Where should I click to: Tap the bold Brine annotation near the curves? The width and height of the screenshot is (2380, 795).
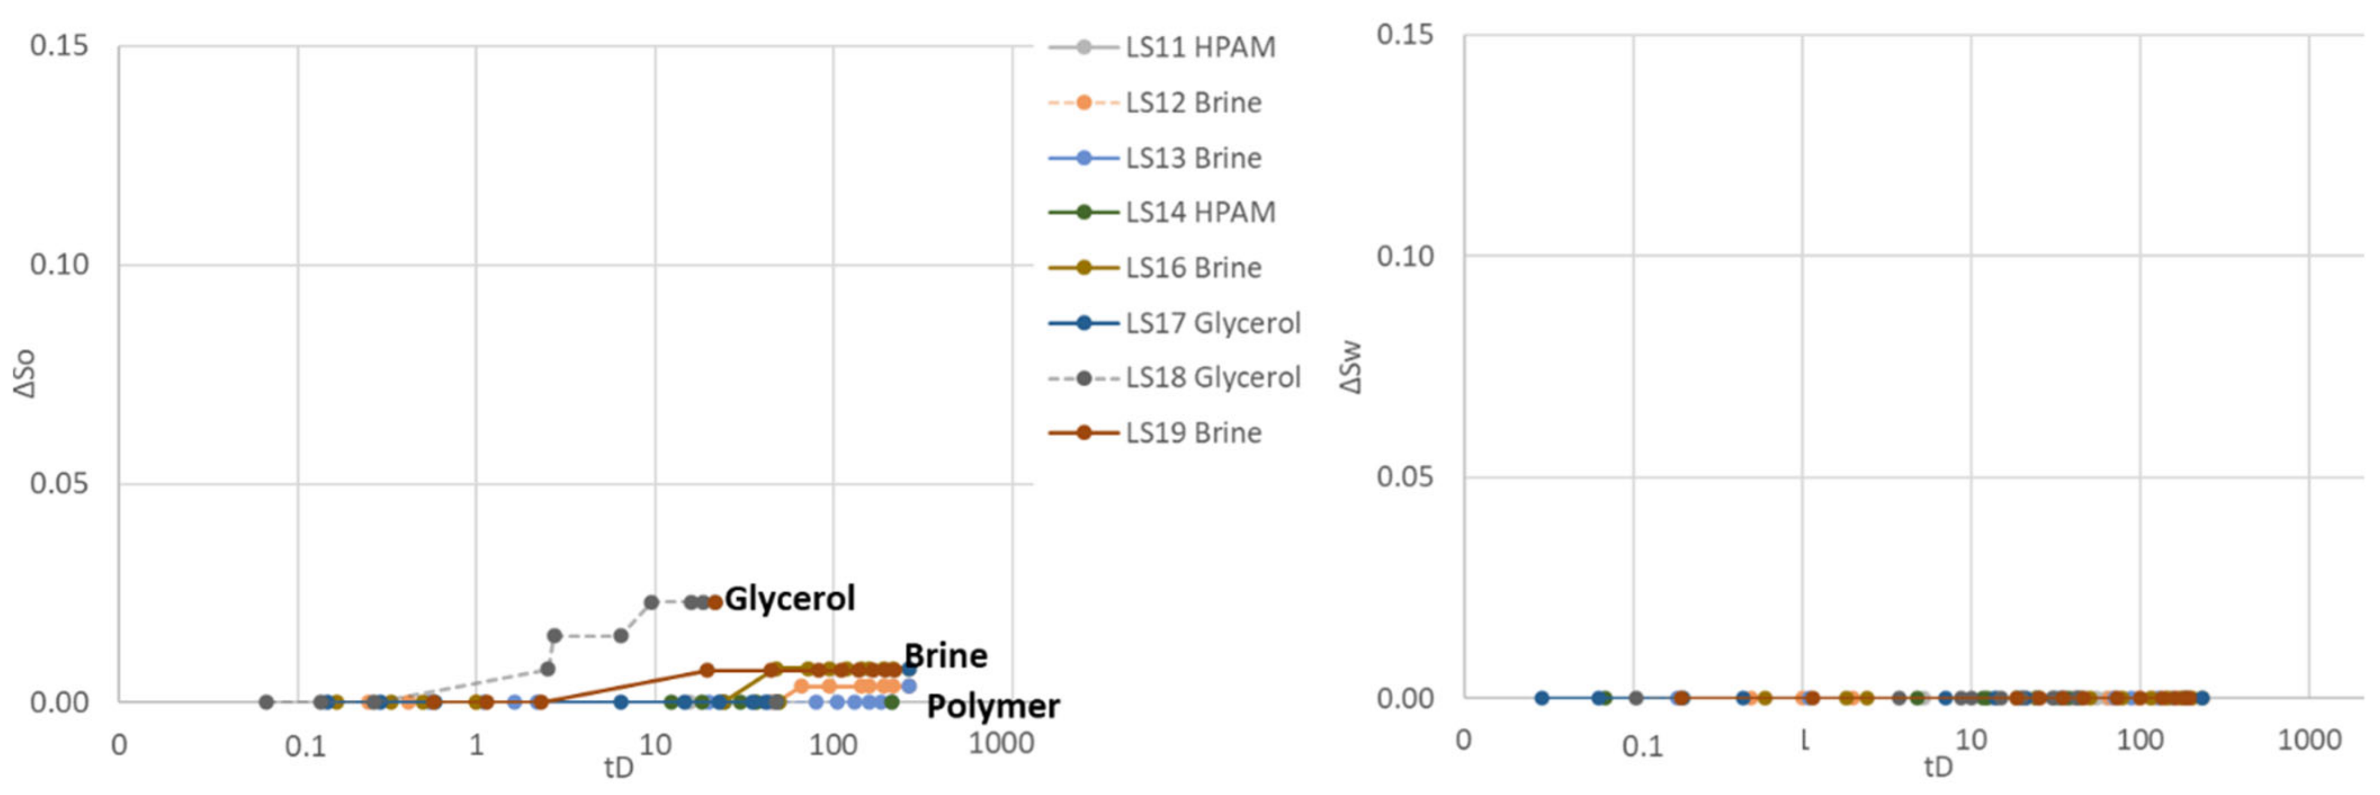(945, 656)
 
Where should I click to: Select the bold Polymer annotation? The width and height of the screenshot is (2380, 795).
(993, 706)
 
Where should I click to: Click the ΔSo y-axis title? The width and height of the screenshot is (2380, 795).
(26, 373)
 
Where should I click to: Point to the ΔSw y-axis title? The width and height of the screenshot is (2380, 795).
(1351, 367)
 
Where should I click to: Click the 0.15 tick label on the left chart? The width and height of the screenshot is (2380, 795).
(59, 45)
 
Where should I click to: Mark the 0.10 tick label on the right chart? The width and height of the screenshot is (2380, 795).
(1404, 256)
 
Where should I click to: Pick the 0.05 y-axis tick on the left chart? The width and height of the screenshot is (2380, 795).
(59, 483)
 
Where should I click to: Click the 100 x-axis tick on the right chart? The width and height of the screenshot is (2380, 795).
(2139, 739)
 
